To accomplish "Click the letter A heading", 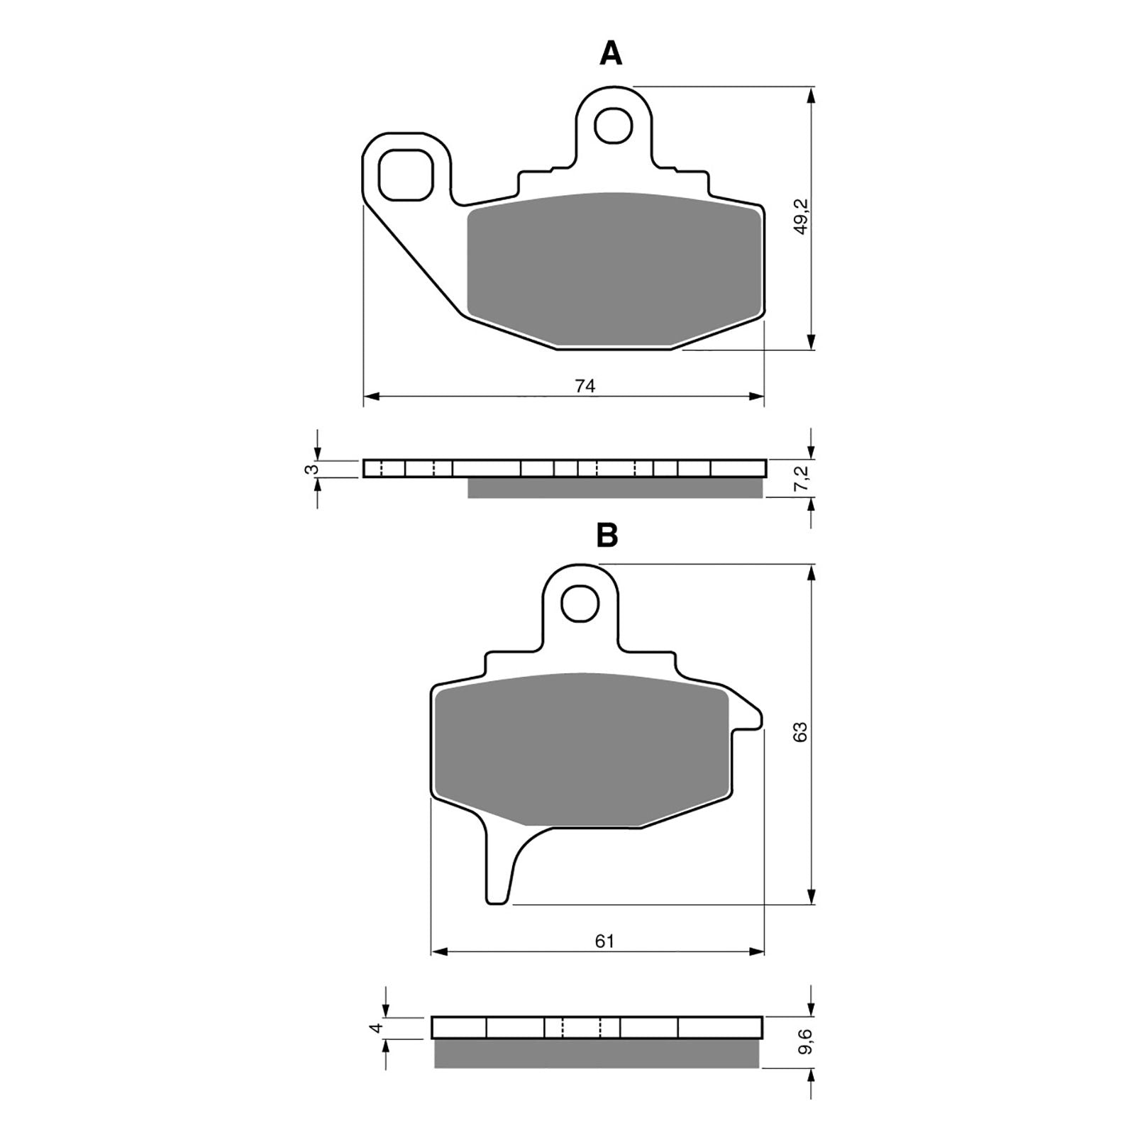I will point(611,53).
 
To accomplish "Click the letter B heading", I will point(607,536).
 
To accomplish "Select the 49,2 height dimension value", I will point(801,217).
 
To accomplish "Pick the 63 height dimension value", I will point(801,731).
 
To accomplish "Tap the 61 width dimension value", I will point(604,941).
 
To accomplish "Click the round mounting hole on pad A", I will point(613,126).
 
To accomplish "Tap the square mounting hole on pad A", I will point(406,175).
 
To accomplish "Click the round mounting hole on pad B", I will point(580,604).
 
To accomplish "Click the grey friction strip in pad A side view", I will point(614,488).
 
